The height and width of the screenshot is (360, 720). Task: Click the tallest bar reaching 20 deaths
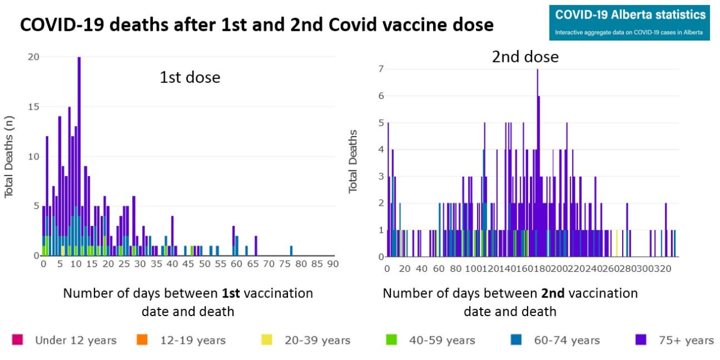[x=79, y=157]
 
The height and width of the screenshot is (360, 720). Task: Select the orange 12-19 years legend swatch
[x=142, y=340]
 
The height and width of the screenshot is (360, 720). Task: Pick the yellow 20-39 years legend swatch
[x=267, y=340]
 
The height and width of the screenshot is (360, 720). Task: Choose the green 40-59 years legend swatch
[x=391, y=340]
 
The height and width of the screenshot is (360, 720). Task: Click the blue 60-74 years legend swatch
[x=516, y=340]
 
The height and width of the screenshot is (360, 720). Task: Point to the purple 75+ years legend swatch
[x=641, y=340]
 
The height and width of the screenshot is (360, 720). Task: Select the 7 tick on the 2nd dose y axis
[x=381, y=69]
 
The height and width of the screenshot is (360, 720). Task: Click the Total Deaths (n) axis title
[x=9, y=156]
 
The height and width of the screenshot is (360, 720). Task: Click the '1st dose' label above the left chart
[x=190, y=77]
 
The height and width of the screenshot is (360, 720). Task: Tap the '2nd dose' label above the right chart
[x=525, y=57]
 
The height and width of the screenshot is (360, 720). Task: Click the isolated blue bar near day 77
[x=291, y=251]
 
